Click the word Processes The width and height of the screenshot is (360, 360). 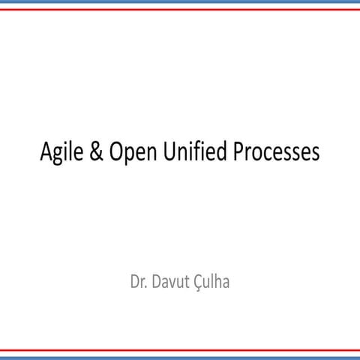tap(276, 152)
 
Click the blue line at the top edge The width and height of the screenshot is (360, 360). tap(180, 2)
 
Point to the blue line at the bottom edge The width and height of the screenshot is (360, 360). tap(180, 357)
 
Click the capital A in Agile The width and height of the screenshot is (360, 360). tap(46, 152)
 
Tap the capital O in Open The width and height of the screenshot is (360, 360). tap(116, 152)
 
